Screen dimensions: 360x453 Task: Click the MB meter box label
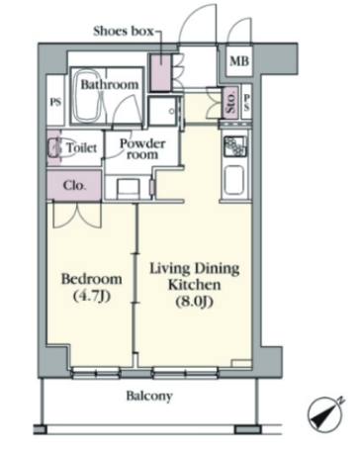point(239,61)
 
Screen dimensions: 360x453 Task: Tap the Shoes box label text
point(124,32)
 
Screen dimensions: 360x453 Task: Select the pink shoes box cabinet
point(160,72)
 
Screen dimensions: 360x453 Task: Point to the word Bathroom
point(110,84)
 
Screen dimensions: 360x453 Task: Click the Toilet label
point(82,147)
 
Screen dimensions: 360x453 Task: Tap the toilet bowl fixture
point(54,147)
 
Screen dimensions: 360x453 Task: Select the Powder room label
point(142,149)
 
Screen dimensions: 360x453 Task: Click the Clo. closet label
point(74,186)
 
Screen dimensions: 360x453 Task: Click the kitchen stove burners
point(234,146)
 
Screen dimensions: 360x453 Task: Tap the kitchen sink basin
point(234,181)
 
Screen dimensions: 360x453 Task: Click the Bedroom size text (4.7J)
point(91,297)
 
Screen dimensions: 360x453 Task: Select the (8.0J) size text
point(194,302)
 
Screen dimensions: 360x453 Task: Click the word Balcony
point(149,396)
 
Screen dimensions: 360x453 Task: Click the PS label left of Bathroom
point(55,102)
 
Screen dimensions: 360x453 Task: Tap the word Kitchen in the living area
point(195,285)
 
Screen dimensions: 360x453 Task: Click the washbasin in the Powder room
point(127,189)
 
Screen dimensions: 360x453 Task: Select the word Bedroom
point(91,279)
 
